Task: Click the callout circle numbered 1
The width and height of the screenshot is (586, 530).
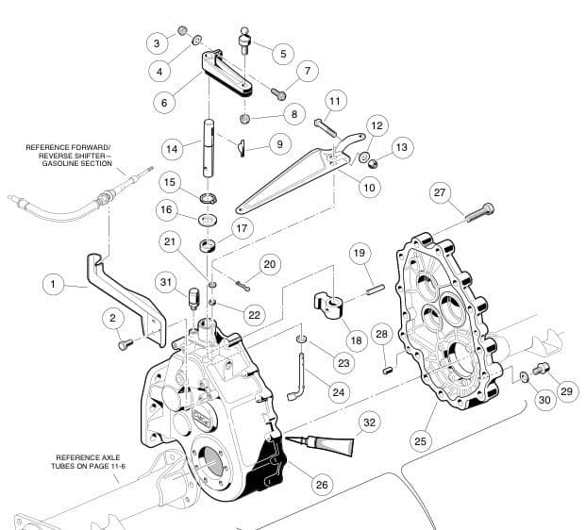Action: (x=54, y=283)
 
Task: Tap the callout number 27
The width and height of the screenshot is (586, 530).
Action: (x=439, y=192)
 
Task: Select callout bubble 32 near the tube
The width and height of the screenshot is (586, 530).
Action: (x=369, y=422)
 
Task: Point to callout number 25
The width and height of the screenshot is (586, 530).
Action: (x=420, y=439)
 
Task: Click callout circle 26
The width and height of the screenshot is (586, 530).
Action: (x=322, y=484)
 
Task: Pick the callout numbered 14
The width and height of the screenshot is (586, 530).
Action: (x=171, y=149)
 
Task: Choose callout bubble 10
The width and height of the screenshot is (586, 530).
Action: (x=369, y=188)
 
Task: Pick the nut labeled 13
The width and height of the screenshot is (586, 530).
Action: (x=373, y=163)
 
